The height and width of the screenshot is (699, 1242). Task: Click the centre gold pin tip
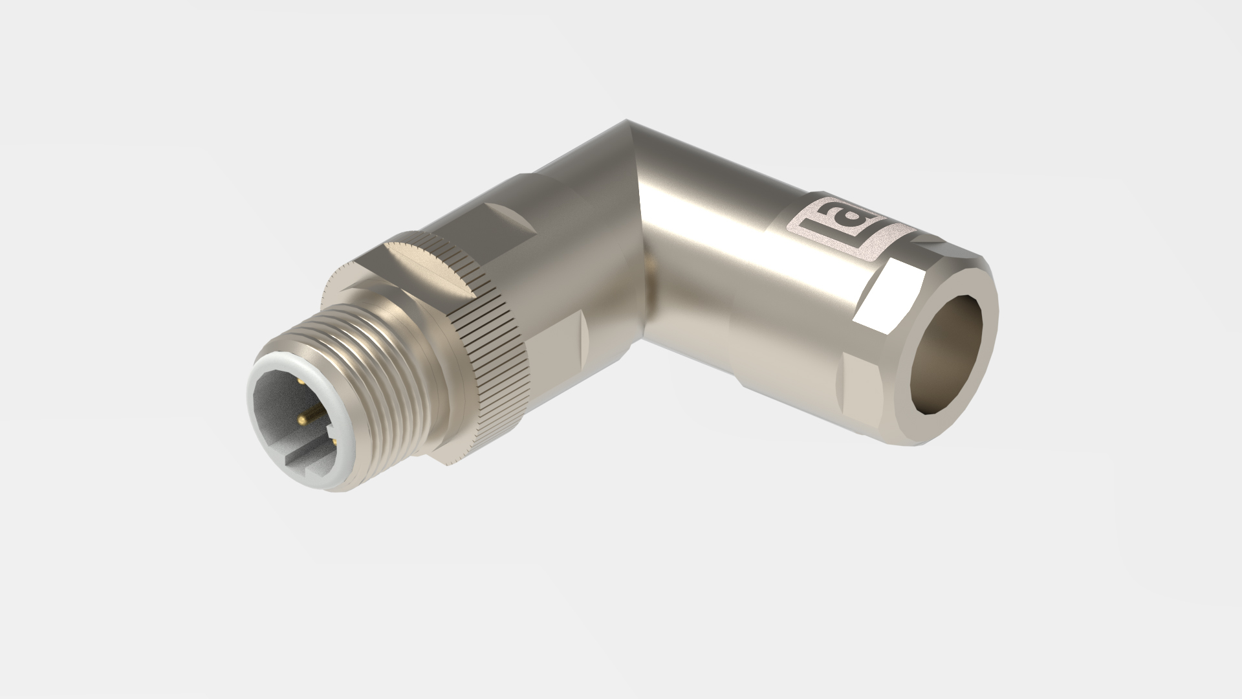pos(302,420)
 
